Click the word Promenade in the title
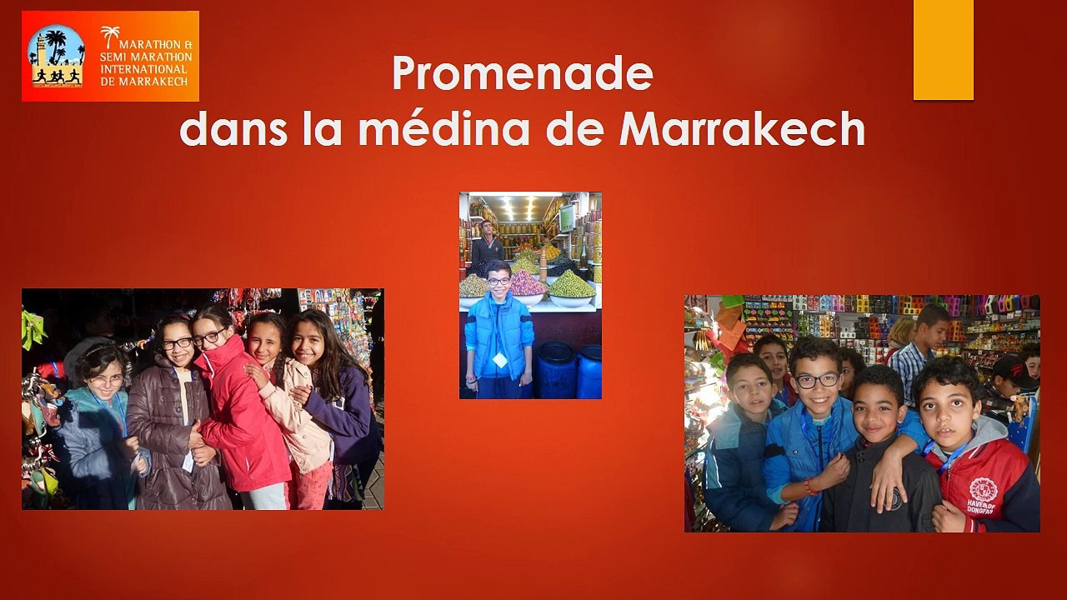coord(522,72)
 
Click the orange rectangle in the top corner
coord(943,49)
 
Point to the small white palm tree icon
coord(110,36)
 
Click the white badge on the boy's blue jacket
coord(499,359)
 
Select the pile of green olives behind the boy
coord(572,284)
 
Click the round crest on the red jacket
coord(983,489)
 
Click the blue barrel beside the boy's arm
coord(555,369)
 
